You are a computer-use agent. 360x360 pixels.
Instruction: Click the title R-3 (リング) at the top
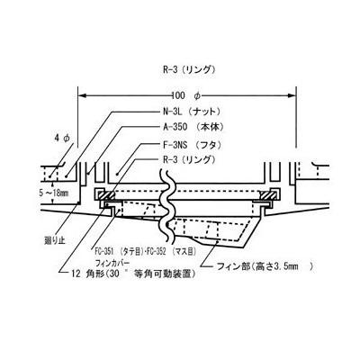tap(189, 70)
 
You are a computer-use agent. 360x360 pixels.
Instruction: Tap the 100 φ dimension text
tap(186, 95)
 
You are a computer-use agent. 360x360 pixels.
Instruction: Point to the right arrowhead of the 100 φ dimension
tap(292, 95)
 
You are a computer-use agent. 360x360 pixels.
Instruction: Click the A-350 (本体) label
tap(193, 127)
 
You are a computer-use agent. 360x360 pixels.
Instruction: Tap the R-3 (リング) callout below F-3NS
tap(189, 159)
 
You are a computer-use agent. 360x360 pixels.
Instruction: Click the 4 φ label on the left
tap(63, 138)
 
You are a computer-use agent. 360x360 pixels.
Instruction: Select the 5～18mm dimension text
tap(54, 193)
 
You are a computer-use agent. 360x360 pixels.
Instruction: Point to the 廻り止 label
tap(54, 240)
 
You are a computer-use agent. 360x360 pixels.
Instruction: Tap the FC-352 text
tap(155, 251)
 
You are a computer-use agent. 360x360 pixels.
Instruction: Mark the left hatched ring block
tap(105, 195)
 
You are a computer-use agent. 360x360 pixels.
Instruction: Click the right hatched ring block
tap(269, 195)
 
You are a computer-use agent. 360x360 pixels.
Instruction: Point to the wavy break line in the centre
tap(166, 207)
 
